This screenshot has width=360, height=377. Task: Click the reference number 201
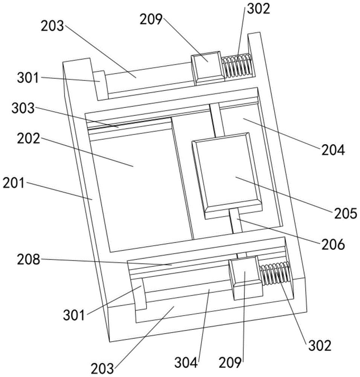click(x=14, y=184)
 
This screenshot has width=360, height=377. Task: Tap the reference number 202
click(x=28, y=139)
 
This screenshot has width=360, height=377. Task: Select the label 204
click(x=333, y=150)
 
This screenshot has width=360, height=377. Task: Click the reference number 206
click(x=333, y=244)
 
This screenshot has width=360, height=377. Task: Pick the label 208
click(x=28, y=260)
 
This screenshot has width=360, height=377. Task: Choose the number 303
click(x=23, y=109)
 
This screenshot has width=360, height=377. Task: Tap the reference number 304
click(x=186, y=363)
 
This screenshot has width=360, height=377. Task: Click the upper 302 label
click(x=259, y=9)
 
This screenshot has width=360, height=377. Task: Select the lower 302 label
click(x=320, y=346)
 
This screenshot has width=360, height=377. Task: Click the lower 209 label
click(x=230, y=363)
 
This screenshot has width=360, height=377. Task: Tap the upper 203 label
click(x=52, y=26)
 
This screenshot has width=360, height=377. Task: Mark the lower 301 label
click(x=74, y=315)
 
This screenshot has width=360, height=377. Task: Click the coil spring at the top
click(x=237, y=66)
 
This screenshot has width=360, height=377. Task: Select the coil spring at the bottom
click(x=276, y=273)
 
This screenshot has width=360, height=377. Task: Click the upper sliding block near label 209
click(x=208, y=68)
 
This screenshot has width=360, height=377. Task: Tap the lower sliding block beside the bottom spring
click(x=245, y=278)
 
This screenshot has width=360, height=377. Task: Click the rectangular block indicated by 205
click(x=227, y=176)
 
